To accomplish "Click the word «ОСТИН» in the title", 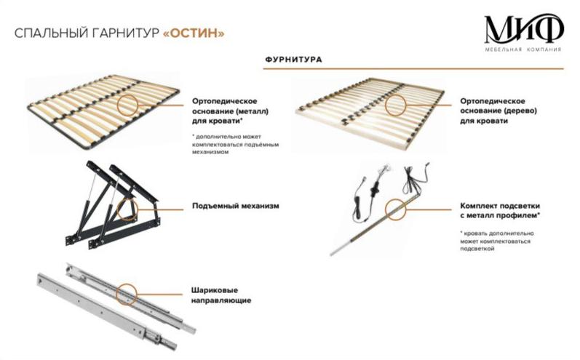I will [x=194, y=33].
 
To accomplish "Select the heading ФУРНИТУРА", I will [x=295, y=59].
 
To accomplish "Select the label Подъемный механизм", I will [x=236, y=206].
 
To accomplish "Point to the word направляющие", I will [x=223, y=300].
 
